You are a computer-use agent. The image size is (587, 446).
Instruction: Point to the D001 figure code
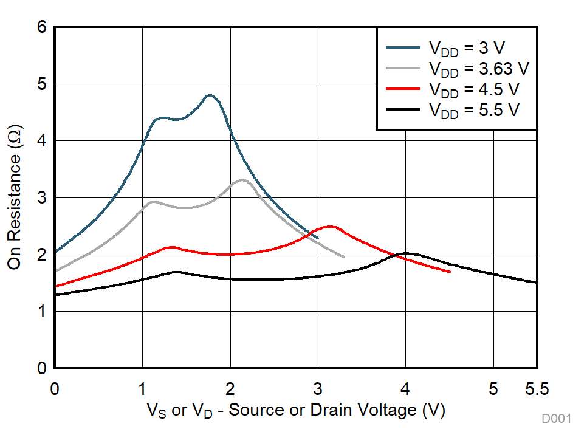557,419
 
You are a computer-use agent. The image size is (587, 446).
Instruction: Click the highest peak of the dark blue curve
210,95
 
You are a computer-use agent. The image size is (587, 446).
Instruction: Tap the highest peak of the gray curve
242,180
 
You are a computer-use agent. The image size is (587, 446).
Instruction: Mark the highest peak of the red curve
330,227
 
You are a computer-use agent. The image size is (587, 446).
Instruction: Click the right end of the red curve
450,272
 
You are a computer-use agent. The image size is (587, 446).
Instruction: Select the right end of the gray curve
344,257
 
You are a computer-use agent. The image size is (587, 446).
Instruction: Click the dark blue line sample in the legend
403,47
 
